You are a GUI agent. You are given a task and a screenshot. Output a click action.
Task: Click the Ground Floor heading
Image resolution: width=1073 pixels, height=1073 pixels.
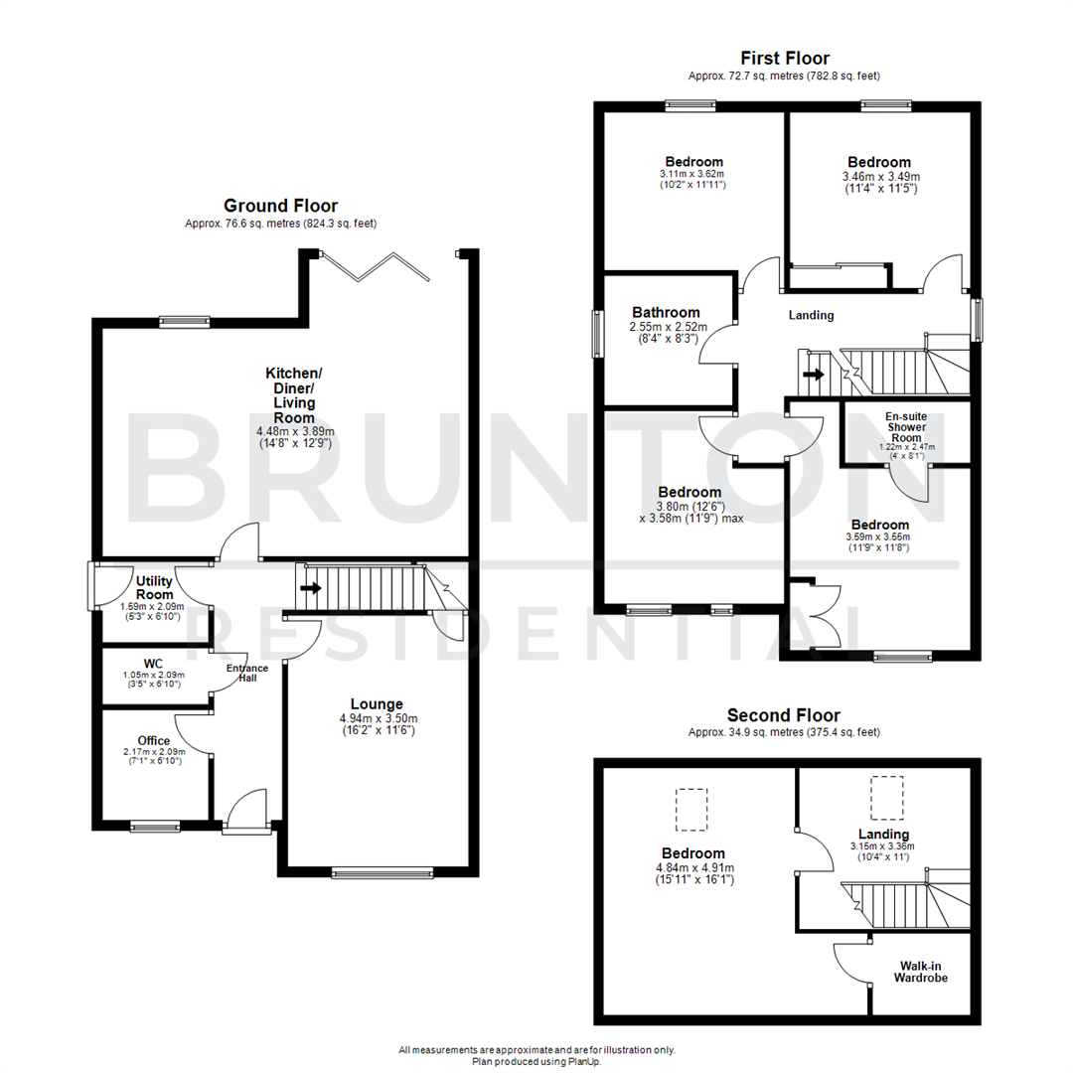pos(280,206)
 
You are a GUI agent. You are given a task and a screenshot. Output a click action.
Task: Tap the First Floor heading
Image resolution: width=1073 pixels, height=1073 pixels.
pos(784,59)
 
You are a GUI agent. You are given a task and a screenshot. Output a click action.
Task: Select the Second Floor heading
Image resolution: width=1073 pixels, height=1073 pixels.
pos(783,715)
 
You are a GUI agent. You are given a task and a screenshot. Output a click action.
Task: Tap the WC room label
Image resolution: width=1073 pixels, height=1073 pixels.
pos(153,664)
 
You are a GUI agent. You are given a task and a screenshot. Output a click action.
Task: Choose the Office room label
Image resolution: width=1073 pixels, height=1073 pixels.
pos(154,741)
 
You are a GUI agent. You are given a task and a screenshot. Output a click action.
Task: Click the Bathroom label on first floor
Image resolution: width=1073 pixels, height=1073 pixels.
pos(664,312)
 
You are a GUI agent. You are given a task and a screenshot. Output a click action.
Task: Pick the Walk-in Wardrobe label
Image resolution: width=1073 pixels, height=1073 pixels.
pos(923,972)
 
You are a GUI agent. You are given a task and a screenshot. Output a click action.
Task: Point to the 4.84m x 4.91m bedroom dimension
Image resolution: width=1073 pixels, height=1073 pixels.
pos(693,867)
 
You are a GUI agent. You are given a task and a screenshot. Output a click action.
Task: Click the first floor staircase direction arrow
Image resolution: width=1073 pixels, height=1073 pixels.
pos(814,375)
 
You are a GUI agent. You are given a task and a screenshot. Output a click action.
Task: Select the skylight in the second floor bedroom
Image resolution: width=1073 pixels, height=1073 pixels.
pos(692,809)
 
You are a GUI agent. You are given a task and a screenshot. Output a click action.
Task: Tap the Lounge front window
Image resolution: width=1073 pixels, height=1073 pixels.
pos(383,873)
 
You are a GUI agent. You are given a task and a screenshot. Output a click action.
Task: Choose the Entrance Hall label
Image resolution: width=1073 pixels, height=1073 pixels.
pos(246,675)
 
